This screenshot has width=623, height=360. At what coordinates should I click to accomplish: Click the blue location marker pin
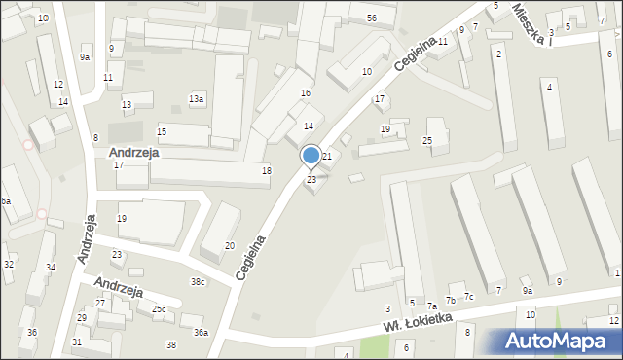click(311, 156)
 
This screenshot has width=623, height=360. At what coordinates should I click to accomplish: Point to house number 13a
click(197, 99)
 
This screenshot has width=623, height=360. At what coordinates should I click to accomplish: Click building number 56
click(372, 18)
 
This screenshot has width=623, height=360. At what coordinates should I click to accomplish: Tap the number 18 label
click(266, 171)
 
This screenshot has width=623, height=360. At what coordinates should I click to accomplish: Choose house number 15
click(162, 131)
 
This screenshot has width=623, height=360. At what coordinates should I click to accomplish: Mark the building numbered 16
click(306, 92)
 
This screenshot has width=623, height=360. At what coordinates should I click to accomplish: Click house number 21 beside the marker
click(328, 157)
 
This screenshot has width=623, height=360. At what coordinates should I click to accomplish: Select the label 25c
click(158, 309)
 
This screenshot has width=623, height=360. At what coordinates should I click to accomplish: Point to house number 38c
click(198, 282)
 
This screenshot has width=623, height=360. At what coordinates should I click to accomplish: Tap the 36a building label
click(200, 333)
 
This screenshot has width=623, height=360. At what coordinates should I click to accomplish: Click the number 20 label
click(230, 245)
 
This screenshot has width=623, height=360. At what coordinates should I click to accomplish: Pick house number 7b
click(451, 300)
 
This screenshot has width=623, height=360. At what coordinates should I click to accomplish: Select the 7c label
click(468, 296)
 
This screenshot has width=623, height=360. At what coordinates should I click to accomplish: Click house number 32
click(9, 265)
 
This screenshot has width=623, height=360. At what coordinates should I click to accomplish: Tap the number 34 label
click(51, 268)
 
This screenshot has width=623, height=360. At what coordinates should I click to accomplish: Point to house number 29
click(82, 318)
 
